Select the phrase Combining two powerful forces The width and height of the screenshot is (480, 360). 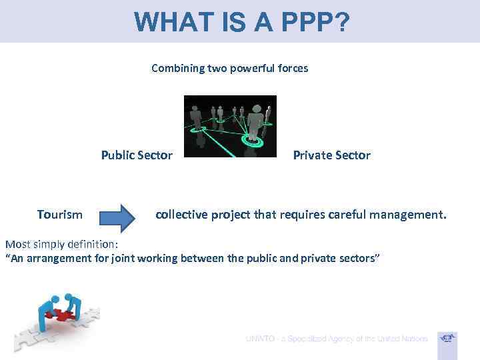229,68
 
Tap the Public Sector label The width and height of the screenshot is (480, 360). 137,155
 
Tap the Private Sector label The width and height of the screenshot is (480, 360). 331,155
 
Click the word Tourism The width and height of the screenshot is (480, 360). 60,215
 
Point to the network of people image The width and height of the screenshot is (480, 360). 230,127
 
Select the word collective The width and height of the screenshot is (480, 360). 182,215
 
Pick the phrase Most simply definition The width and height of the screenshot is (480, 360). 60,244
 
